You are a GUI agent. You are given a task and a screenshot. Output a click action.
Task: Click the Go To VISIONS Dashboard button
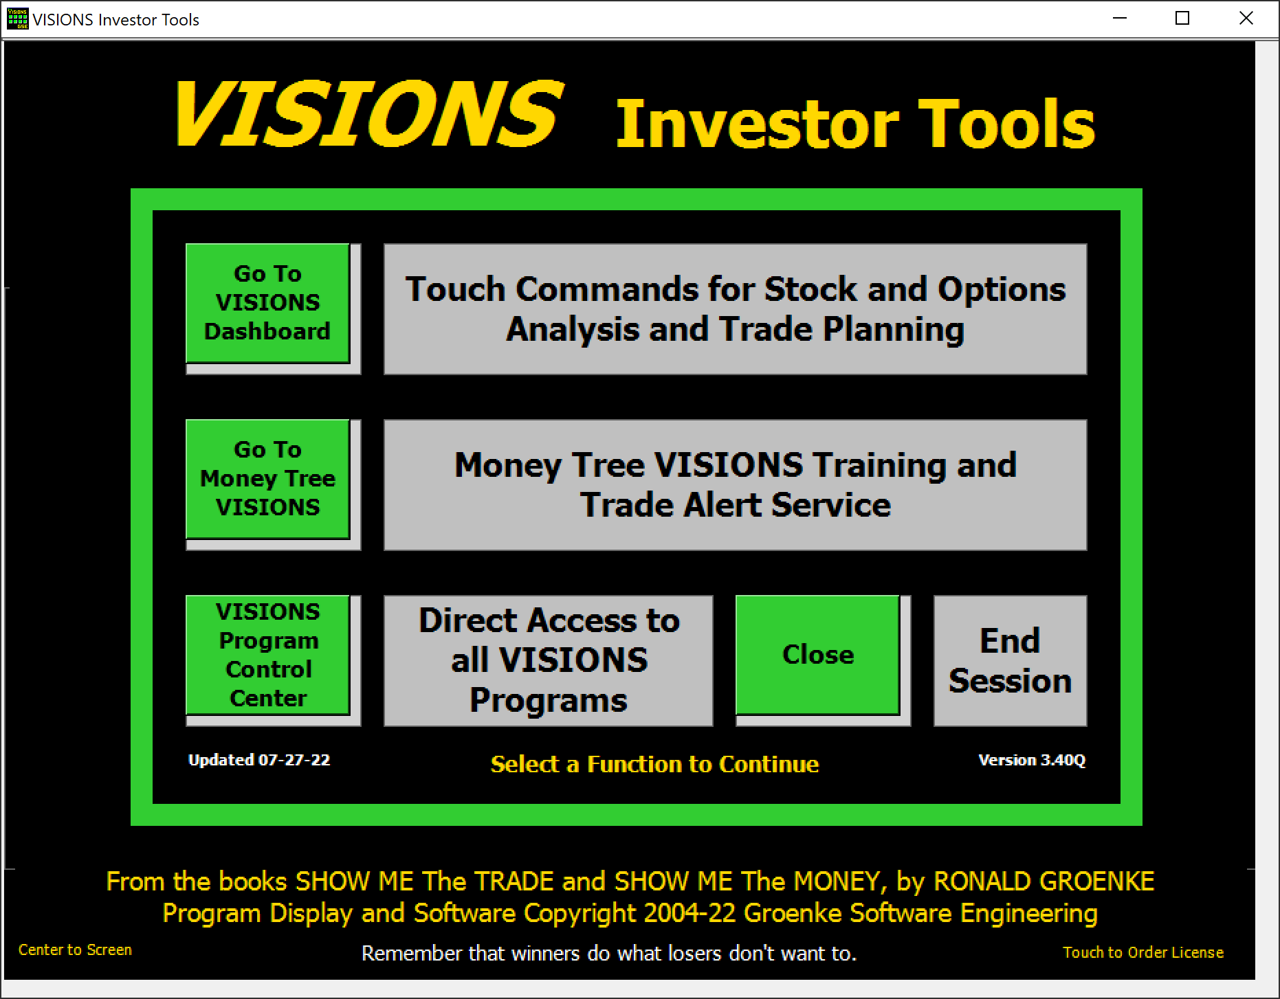pos(268,303)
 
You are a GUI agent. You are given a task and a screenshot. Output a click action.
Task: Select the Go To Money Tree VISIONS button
pos(268,479)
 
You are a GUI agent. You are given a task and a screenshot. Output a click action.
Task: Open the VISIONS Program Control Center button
pos(268,655)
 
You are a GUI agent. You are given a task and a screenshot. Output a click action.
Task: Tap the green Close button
pos(818,655)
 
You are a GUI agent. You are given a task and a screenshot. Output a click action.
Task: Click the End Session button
pos(1010,661)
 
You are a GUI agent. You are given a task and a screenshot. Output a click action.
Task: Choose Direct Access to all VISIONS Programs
pos(549,661)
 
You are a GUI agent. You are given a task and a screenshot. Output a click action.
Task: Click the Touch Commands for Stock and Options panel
pos(735,309)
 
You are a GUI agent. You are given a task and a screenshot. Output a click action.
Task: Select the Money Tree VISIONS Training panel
pos(735,485)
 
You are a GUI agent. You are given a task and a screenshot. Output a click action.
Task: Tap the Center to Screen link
pos(75,950)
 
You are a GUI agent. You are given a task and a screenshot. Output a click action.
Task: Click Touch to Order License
pos(1143,952)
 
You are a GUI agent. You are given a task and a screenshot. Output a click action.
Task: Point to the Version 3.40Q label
pos(1032,760)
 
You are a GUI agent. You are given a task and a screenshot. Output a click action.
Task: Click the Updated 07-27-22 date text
pos(259,760)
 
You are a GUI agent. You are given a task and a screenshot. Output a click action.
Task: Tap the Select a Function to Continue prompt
pos(654,764)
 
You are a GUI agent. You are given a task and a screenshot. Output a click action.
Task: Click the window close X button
pos(1246,19)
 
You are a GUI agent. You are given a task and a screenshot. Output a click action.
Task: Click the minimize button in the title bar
pos(1120,19)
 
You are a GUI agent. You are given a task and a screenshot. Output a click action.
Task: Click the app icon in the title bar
pos(17,19)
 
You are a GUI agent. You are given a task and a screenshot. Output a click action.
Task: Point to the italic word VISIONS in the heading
pos(370,113)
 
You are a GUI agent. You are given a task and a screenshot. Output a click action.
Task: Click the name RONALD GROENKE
pos(1044,882)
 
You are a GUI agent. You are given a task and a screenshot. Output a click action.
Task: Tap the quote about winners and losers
pos(609,954)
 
